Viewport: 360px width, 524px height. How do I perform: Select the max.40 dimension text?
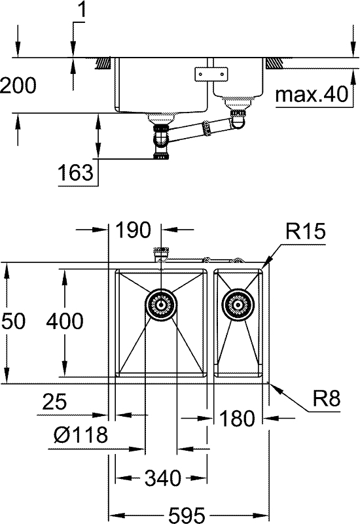coord(310,96)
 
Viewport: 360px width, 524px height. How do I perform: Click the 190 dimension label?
coord(134,230)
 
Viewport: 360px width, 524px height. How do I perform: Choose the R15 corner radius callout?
coord(305,232)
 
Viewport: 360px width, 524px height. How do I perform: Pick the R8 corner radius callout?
coord(325,399)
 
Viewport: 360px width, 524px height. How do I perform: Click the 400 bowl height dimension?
coord(65,321)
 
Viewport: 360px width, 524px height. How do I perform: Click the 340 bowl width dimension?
coord(161,479)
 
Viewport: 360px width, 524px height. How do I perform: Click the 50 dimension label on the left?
coord(14,321)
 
